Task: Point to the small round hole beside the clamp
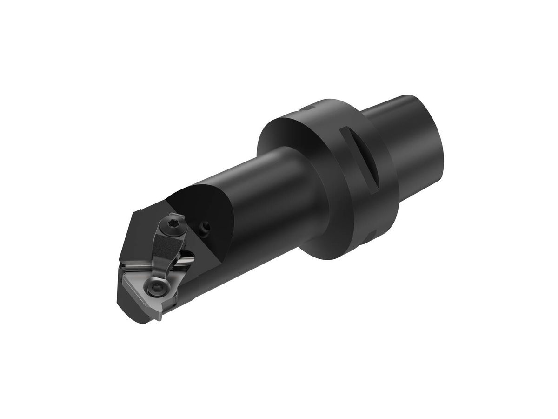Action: [205, 228]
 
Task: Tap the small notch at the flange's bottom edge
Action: [372, 233]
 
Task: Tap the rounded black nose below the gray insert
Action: [135, 310]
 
